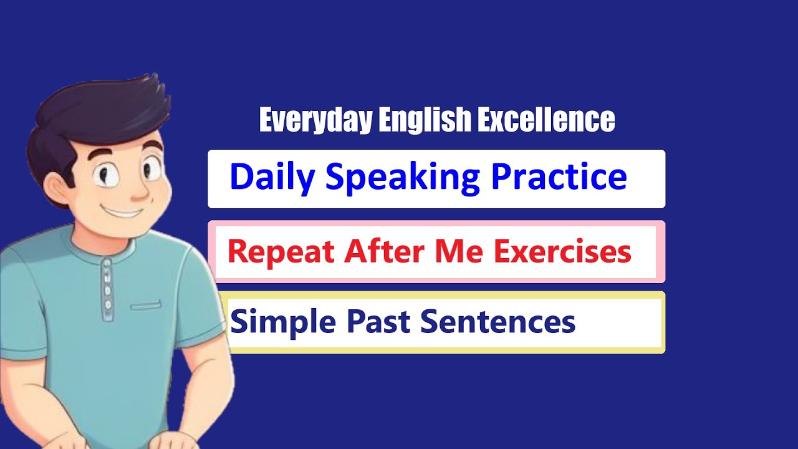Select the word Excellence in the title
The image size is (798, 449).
[x=546, y=120]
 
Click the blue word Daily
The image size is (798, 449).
[x=272, y=177]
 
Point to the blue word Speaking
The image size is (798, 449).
[x=403, y=178]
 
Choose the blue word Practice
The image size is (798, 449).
[x=559, y=177]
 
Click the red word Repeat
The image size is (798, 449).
[x=281, y=252]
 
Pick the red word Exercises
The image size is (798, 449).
[x=563, y=251]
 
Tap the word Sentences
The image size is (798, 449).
[x=498, y=322]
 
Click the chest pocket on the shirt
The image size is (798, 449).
[x=146, y=306]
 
